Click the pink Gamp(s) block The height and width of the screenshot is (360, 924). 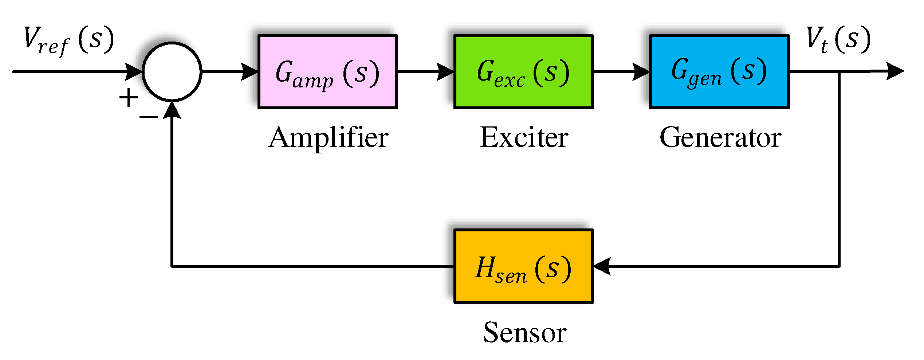327,72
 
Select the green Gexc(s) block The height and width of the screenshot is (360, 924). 523,72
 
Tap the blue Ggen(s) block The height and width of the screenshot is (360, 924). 719,72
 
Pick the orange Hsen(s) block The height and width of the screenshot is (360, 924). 523,266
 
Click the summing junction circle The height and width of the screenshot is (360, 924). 172,72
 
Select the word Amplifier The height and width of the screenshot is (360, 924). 329,138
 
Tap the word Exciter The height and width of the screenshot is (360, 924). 524,138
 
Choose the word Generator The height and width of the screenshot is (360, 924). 720,138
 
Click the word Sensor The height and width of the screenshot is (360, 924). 524,332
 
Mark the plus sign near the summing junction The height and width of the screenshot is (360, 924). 129,98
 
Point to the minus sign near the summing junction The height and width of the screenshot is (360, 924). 149,117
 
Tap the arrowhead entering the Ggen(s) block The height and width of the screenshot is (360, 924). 641,72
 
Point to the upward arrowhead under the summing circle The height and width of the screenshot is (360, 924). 172,110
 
